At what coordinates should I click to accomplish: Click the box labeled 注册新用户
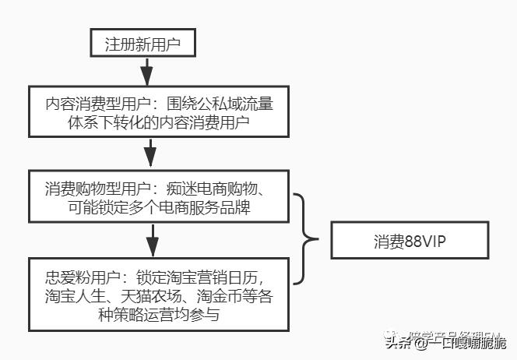point(142,44)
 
